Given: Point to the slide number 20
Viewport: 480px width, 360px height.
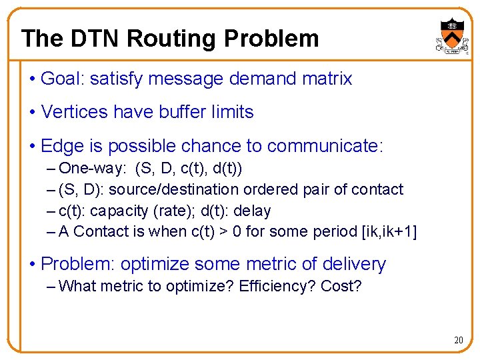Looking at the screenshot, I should tap(458, 340).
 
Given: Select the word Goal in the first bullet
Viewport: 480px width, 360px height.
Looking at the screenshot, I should tap(60, 79).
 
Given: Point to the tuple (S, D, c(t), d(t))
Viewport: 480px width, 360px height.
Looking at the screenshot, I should tap(189, 168).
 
